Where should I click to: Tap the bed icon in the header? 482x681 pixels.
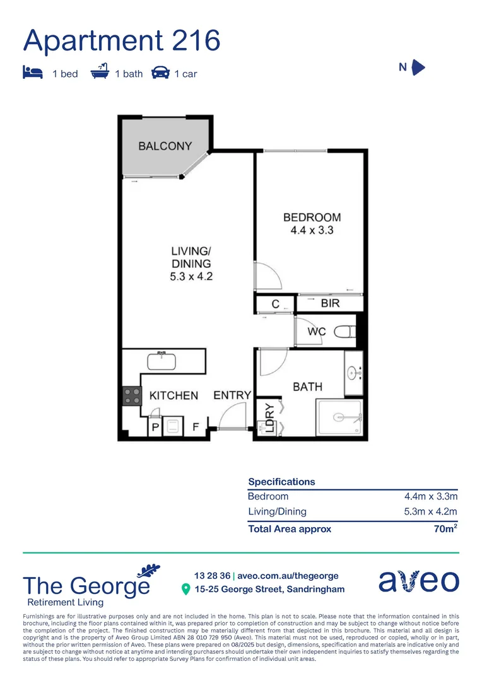[x=33, y=73]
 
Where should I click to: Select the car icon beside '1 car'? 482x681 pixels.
[x=161, y=73]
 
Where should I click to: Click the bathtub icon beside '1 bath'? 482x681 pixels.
[x=100, y=72]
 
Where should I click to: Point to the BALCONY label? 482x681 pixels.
[x=165, y=146]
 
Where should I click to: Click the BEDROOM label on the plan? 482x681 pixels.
[x=312, y=218]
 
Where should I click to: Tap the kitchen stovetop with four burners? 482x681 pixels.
[x=132, y=395]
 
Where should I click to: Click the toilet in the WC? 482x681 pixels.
[x=344, y=332]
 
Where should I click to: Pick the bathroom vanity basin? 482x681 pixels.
[x=354, y=372]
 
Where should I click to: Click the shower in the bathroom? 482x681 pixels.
[x=339, y=417]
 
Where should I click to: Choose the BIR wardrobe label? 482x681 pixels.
[x=330, y=303]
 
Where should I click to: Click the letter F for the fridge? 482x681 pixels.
[x=196, y=428]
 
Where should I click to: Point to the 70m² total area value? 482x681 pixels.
[x=445, y=529]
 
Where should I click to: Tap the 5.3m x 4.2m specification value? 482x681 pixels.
[x=430, y=511]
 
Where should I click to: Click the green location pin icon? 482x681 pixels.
[x=185, y=590]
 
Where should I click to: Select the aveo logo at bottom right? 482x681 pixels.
[x=419, y=581]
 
